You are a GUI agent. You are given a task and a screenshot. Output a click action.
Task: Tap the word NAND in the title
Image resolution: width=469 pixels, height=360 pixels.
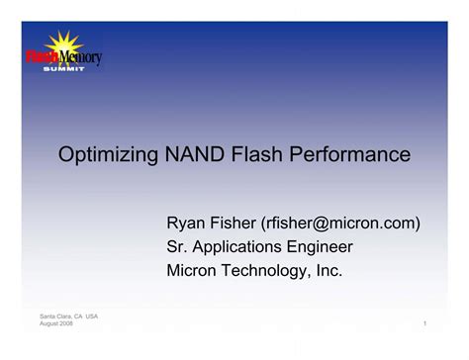pos(196,155)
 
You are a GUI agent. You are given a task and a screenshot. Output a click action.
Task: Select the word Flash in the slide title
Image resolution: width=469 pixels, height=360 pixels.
pos(257,155)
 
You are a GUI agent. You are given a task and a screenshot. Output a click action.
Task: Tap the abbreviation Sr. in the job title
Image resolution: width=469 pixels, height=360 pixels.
pos(176,246)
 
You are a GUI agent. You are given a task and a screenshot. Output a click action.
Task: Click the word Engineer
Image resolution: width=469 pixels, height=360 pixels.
pos(320,247)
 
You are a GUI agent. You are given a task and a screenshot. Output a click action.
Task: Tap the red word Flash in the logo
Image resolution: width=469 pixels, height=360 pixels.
pos(43,58)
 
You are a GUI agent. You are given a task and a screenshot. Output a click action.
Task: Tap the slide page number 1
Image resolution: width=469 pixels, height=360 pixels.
pos(423,324)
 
